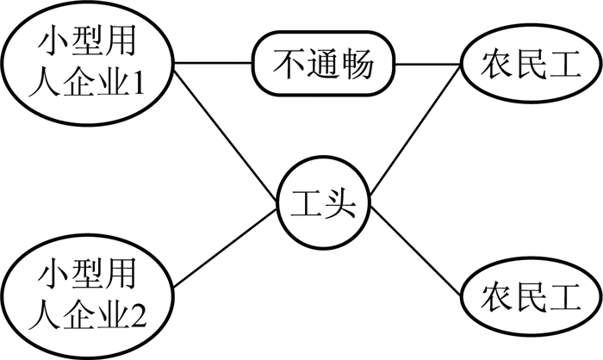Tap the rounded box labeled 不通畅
click(x=324, y=64)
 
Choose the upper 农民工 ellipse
click(x=528, y=64)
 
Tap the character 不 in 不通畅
click(x=289, y=64)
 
